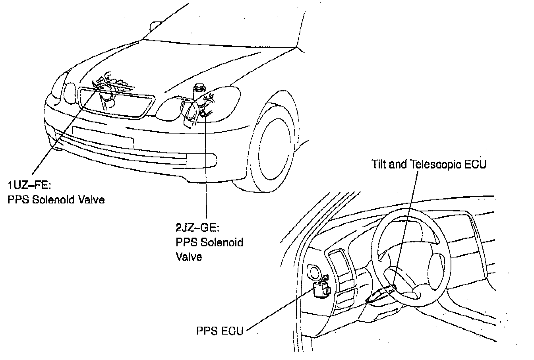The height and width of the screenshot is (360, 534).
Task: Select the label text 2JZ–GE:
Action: pyautogui.click(x=197, y=228)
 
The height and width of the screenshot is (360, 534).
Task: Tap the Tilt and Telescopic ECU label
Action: pyautogui.click(x=429, y=164)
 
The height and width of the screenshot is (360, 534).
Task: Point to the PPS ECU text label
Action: pyautogui.click(x=219, y=331)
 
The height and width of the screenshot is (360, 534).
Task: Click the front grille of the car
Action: pyautogui.click(x=116, y=103)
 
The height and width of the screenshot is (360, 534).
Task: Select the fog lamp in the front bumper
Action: pyautogui.click(x=202, y=160)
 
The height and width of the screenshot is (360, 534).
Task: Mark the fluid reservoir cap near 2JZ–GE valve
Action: pyautogui.click(x=197, y=88)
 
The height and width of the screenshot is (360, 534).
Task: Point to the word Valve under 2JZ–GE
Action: pyautogui.click(x=189, y=256)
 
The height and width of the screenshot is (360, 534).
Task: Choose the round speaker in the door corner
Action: pyautogui.click(x=315, y=273)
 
